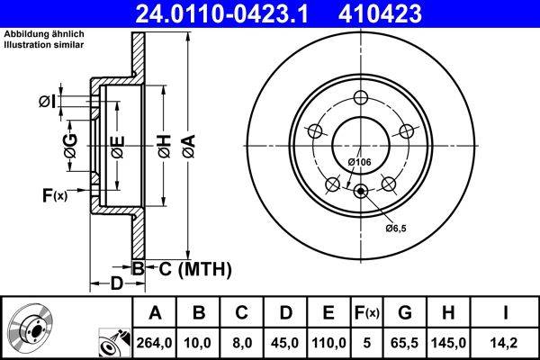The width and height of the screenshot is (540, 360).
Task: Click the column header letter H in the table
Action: pyautogui.click(x=447, y=312)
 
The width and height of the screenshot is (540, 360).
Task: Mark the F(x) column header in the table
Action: pyautogui.click(x=366, y=312)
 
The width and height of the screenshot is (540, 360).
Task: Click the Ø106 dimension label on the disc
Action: pyautogui.click(x=359, y=161)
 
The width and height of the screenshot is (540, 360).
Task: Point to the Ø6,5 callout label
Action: pyautogui.click(x=397, y=229)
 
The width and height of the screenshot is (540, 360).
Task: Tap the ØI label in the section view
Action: pyautogui.click(x=49, y=101)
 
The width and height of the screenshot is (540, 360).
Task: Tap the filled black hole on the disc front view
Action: pyautogui.click(x=361, y=190)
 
